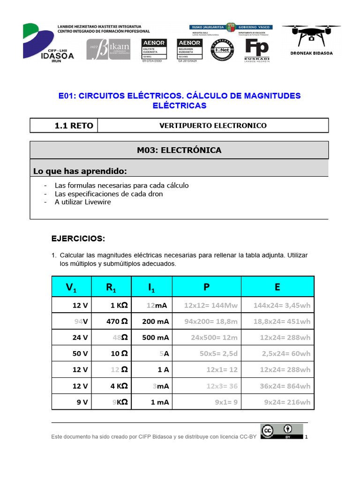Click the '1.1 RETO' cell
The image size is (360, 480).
coord(64,126)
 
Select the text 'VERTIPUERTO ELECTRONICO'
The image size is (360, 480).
coord(213,126)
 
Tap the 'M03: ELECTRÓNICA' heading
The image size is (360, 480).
coord(179,150)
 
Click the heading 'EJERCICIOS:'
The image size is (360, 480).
coord(78,239)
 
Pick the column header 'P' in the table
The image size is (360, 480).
coord(206,287)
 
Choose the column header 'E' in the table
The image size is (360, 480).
coord(277,287)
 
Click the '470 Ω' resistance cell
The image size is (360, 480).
coord(117,322)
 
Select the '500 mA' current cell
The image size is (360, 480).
coord(156,337)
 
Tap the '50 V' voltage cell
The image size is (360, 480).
coord(80,354)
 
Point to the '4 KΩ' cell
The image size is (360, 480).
coord(119,386)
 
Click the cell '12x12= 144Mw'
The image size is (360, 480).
coord(211,306)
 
